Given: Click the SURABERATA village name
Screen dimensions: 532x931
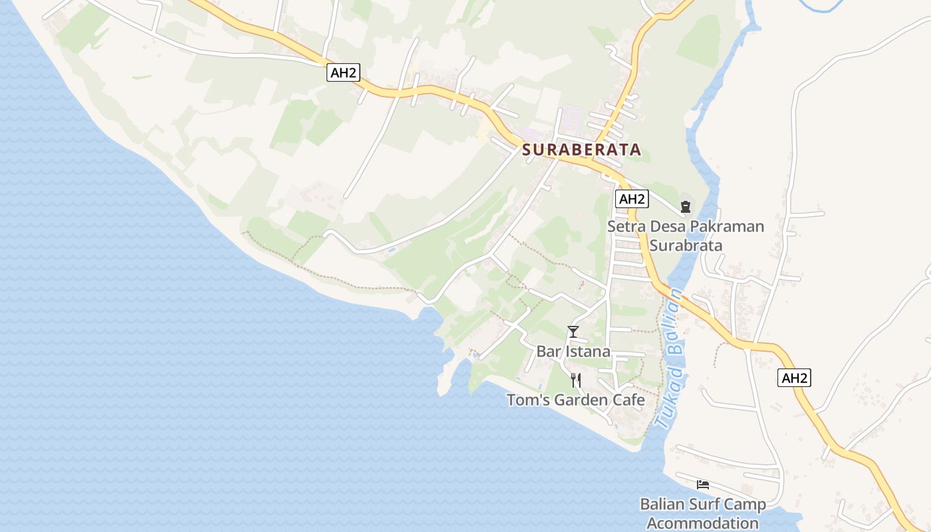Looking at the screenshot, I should tap(582, 150).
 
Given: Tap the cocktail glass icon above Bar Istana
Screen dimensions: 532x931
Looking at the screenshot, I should tap(573, 331).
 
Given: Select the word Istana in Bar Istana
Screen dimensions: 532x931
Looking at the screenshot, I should tap(587, 352).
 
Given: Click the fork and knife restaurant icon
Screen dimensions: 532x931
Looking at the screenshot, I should tap(576, 380).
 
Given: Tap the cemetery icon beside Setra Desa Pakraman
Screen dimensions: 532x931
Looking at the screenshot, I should tap(686, 207).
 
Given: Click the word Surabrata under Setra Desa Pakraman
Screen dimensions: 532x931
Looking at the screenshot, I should tap(686, 245).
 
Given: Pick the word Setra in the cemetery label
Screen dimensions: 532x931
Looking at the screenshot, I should tap(626, 227).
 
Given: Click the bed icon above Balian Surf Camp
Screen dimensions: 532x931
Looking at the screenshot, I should tap(703, 484).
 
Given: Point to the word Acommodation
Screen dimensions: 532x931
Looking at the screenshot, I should tap(703, 523).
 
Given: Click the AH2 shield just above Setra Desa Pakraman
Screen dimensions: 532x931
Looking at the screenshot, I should tap(631, 198).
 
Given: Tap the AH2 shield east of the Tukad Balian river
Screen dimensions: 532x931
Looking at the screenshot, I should tap(795, 378).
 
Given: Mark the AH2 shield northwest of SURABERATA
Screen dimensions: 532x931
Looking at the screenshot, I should tap(343, 72).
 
